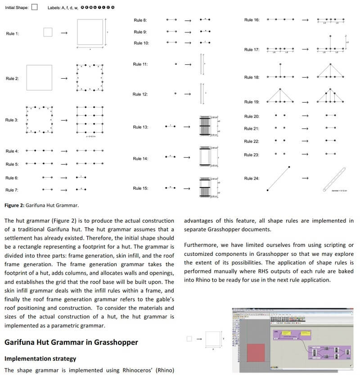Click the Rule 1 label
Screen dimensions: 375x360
point(12,33)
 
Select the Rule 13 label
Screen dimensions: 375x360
point(140,127)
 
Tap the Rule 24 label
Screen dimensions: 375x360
point(252,179)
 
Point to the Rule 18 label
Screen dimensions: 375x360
point(252,77)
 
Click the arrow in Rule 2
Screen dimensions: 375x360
point(64,79)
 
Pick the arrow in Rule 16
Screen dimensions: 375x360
point(305,20)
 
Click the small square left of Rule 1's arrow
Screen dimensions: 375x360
point(48,32)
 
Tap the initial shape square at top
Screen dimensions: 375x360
point(35,7)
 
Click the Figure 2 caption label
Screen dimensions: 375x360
point(41,205)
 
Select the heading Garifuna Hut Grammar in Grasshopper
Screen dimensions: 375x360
point(71,342)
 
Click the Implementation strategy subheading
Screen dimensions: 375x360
point(40,359)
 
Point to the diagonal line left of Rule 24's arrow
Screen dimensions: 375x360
point(278,179)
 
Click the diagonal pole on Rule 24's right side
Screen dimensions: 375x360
point(335,179)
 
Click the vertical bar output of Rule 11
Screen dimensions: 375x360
point(201,64)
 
